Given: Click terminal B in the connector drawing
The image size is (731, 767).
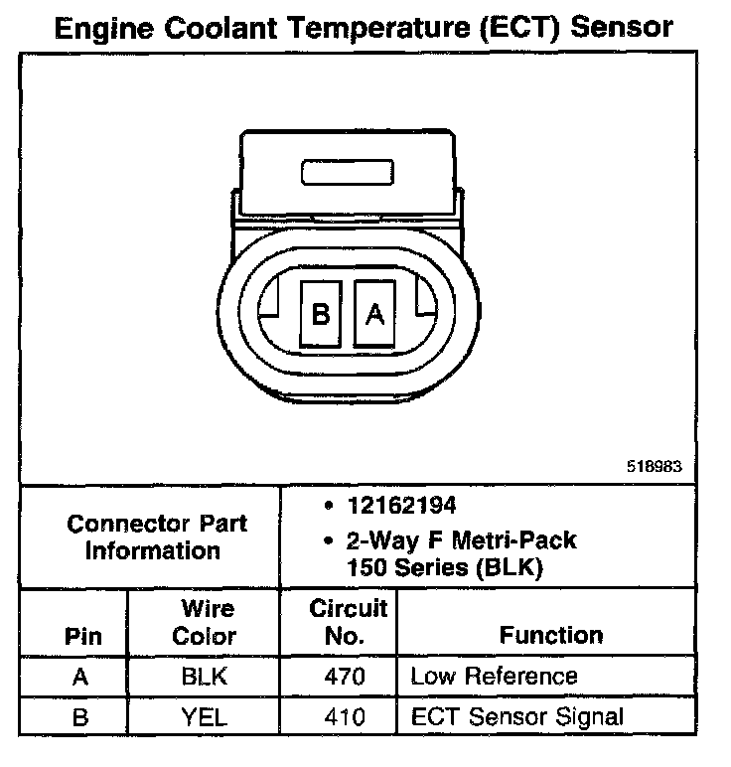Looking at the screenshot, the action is (321, 314).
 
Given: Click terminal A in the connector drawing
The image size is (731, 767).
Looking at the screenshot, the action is (375, 314).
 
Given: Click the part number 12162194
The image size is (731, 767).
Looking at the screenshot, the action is (400, 506).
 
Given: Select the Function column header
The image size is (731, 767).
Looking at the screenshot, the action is (551, 635).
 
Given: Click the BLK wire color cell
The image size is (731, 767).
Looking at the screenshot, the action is (206, 677).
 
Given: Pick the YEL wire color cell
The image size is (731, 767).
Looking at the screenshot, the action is (206, 715).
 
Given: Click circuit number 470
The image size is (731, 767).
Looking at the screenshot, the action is (340, 677).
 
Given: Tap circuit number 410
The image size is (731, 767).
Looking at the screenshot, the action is (340, 715).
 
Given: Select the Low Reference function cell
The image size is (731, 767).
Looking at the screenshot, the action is (494, 677).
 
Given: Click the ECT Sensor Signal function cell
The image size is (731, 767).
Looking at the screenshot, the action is (517, 715).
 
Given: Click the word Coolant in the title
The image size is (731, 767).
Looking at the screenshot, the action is (223, 27).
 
